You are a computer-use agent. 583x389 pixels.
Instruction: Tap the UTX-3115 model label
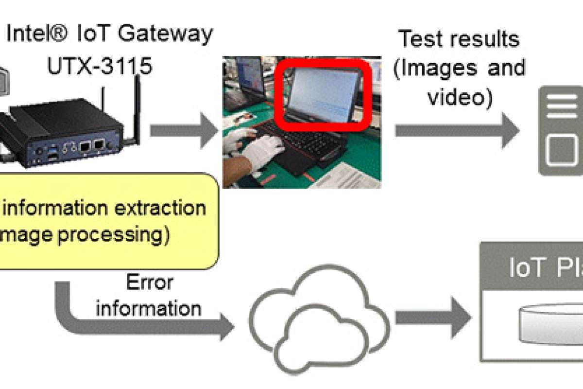(x=99, y=66)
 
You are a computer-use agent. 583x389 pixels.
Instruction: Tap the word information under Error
(x=148, y=308)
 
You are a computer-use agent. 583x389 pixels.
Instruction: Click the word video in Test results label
(x=460, y=97)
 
